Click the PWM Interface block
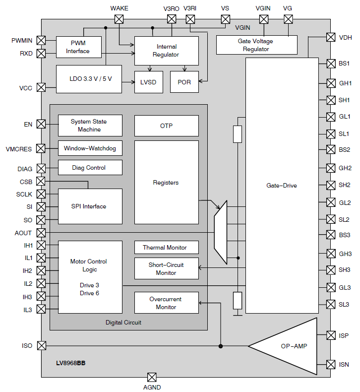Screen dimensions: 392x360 pos(78,47)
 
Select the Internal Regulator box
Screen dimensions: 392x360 pos(166,51)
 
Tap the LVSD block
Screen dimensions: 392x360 pos(149,82)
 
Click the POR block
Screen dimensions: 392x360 pos(184,82)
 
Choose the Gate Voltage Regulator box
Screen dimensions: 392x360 pos(256,45)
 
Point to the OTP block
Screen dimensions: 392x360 pos(166,126)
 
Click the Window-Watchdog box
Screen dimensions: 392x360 pos(90,148)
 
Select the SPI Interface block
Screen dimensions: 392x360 pos(90,206)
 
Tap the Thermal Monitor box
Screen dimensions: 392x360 pos(166,247)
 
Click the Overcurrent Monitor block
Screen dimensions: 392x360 pos(166,303)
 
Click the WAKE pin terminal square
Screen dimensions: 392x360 pos(119,19)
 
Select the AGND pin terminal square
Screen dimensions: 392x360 pos(152,377)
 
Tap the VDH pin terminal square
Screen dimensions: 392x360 pos(331,37)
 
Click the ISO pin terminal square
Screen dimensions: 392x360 pos(41,345)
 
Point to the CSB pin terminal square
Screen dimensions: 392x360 pos(41,182)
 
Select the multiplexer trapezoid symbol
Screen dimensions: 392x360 pos(220,232)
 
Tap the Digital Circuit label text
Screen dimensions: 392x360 pos(123,323)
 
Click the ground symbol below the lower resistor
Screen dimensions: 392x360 pos(238,314)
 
